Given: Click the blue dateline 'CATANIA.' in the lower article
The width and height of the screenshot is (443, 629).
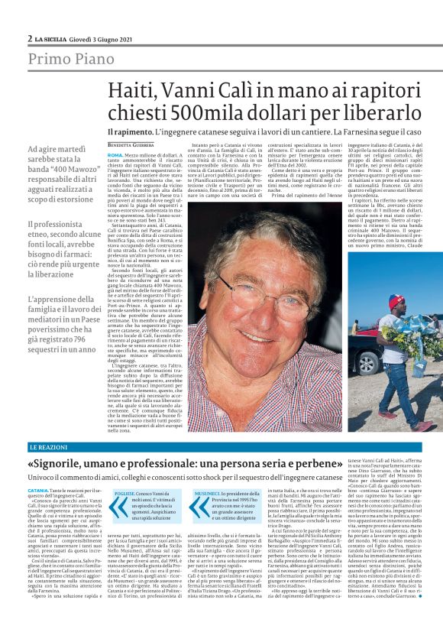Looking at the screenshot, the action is (x=38, y=489).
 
